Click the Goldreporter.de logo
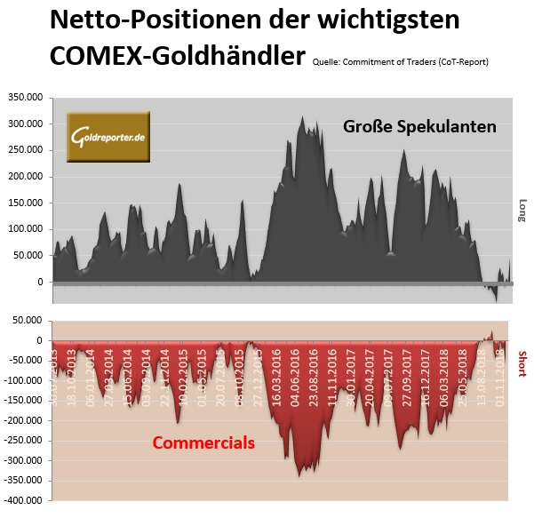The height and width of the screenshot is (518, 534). [108, 138]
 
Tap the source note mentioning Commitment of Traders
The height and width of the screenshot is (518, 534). [400, 61]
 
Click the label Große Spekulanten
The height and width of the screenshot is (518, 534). [419, 127]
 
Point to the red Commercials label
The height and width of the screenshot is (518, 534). [203, 442]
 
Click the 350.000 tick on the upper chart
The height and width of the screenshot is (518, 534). [25, 97]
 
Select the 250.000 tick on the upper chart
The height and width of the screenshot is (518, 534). [25, 150]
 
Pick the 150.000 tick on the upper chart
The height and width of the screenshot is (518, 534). [25, 203]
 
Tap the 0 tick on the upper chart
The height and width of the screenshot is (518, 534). [39, 283]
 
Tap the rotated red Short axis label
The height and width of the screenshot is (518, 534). [522, 363]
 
